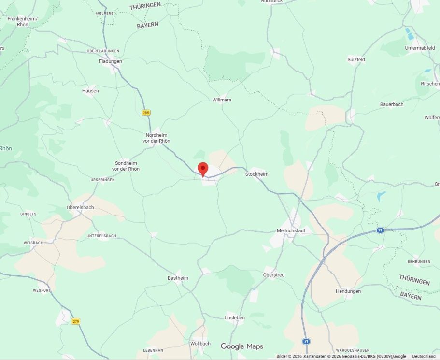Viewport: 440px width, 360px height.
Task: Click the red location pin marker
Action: [x=203, y=169]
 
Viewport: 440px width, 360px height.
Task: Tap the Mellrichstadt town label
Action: [x=291, y=230]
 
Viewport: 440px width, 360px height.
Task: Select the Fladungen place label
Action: [x=110, y=61]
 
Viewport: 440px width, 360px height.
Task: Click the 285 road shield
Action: [x=146, y=113]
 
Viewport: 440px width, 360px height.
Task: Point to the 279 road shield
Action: [x=75, y=321]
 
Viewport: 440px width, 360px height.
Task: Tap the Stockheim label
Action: [x=256, y=174]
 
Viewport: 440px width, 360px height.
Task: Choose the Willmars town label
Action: [x=222, y=100]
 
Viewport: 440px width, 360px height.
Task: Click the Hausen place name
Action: [x=90, y=90]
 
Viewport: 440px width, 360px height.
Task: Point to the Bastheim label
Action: [x=178, y=278]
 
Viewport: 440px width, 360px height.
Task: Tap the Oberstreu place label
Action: [x=273, y=275]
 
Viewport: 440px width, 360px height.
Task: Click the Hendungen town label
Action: [x=348, y=291]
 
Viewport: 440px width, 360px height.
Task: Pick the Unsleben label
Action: [x=235, y=317]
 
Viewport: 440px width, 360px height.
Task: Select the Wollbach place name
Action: [x=200, y=343]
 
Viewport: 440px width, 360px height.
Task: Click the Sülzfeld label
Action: [x=356, y=59]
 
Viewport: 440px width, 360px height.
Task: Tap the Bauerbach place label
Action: [x=391, y=104]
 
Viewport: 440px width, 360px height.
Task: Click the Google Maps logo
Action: [x=241, y=346]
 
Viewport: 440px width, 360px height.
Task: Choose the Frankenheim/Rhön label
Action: [x=22, y=21]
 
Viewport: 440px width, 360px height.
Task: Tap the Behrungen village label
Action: [x=418, y=261]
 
